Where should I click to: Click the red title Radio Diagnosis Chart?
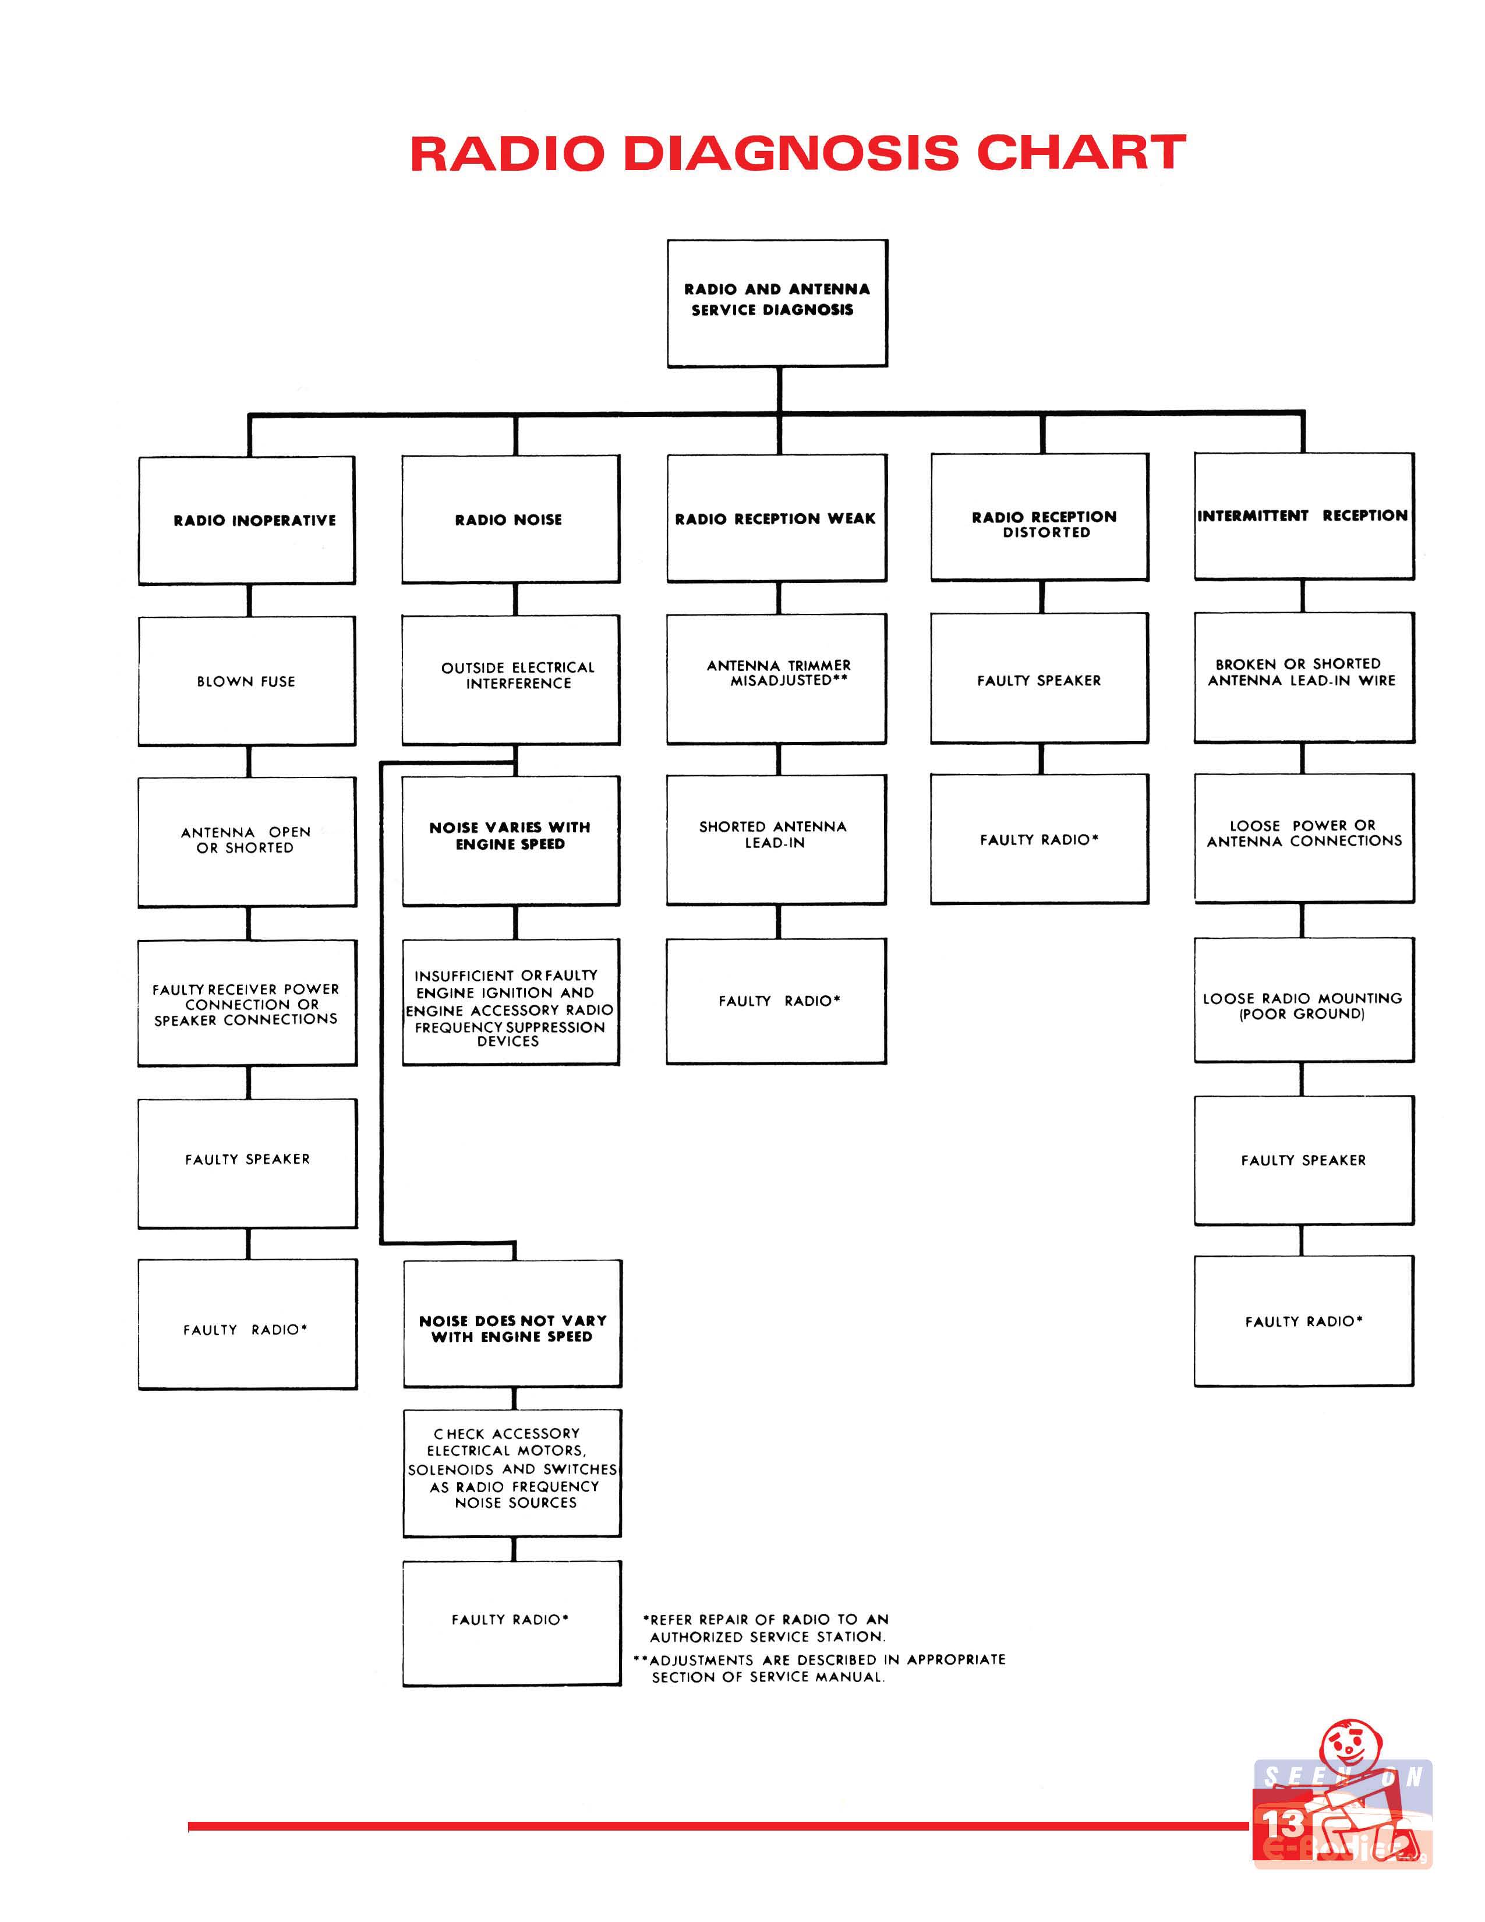[798, 153]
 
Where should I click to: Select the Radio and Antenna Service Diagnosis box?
[777, 303]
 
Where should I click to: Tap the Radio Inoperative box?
[247, 520]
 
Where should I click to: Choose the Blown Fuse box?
[247, 681]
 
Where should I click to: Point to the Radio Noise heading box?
[511, 519]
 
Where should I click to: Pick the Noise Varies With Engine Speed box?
[511, 840]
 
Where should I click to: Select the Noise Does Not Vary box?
[513, 1324]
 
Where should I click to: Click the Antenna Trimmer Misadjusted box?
[777, 679]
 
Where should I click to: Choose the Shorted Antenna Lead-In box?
[777, 839]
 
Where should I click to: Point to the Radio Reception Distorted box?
[1040, 517]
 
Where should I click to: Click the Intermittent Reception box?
[1304, 517]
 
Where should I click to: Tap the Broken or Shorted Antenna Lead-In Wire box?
[1304, 677]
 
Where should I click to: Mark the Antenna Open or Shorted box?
[247, 842]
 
